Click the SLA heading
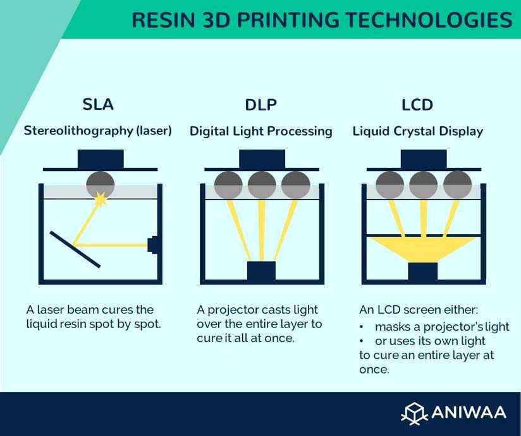98,104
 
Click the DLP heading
261,105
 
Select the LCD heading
417,105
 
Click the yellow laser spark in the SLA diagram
101,199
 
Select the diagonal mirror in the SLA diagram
75,249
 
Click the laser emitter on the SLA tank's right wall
153,245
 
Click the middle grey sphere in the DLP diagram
262,185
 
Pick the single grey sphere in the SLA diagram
101,185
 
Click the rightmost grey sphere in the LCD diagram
458,185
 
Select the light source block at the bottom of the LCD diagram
422,272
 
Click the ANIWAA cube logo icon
414,413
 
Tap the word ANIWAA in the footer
469,413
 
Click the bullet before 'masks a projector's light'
362,327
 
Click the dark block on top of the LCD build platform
424,159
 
